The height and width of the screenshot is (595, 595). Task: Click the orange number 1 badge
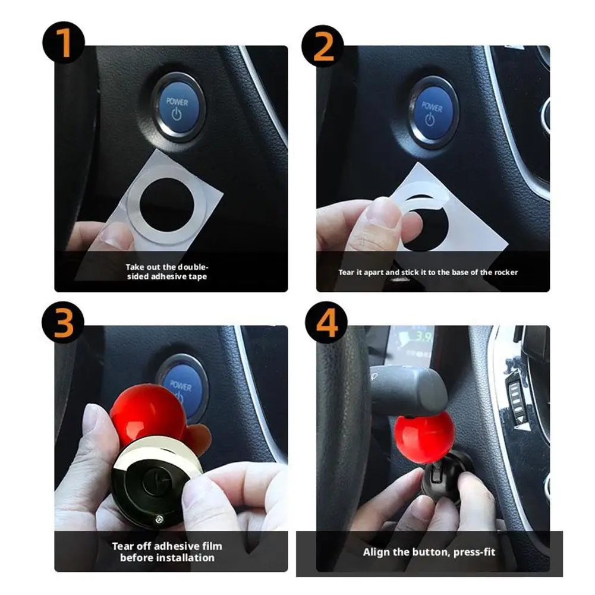(x=64, y=43)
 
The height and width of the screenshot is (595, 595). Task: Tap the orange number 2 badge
(x=323, y=46)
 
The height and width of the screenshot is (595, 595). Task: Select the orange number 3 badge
(x=63, y=323)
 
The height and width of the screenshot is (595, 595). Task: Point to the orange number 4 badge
(x=326, y=323)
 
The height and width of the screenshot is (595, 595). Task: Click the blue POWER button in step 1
(x=177, y=108)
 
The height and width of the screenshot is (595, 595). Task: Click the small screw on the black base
(x=159, y=518)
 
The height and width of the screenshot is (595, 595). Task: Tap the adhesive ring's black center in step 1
(x=166, y=204)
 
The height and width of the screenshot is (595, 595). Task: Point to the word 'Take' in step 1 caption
(x=134, y=267)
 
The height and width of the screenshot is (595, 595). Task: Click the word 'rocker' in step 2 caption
(x=506, y=272)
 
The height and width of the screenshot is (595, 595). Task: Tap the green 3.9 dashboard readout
(x=423, y=336)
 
